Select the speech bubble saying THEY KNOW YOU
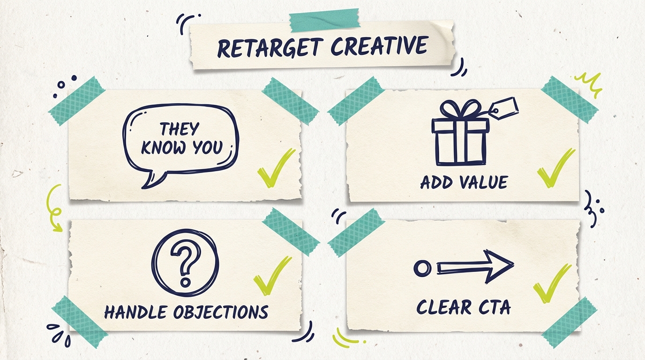pyautogui.click(x=180, y=141)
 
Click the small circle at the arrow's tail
pyautogui.click(x=422, y=268)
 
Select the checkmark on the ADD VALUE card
pyautogui.click(x=555, y=169)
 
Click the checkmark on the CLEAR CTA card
pyautogui.click(x=552, y=283)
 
